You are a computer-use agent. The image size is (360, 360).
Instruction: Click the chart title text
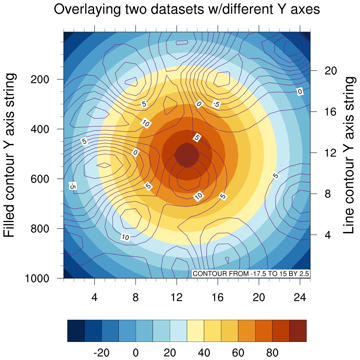tap(187, 10)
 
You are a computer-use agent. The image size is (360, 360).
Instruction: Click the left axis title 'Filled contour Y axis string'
tap(10, 156)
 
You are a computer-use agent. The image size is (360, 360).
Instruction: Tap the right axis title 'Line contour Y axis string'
tap(349, 155)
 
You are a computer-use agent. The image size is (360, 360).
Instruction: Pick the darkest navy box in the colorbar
tap(76, 330)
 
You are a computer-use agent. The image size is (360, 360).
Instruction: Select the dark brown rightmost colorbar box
tap(298, 330)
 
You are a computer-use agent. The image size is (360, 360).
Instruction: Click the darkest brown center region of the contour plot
tap(187, 155)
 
